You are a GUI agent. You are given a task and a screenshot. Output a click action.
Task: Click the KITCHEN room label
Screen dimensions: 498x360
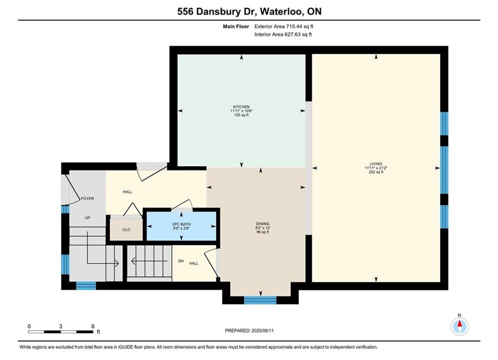pos(241,107)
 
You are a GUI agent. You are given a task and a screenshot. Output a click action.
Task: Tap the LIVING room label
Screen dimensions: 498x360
pos(376,164)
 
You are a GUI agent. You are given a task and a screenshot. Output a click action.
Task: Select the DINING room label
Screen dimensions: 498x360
pos(263,223)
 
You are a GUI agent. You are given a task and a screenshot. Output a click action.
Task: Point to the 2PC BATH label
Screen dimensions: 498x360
pos(181,224)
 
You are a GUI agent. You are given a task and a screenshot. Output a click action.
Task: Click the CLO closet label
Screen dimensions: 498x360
pos(126,229)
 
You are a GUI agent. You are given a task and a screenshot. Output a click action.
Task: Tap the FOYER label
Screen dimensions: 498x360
pos(88,198)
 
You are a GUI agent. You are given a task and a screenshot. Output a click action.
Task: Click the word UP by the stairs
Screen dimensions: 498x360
pos(88,218)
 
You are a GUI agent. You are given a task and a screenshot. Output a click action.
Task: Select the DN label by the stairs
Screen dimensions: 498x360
pos(181,261)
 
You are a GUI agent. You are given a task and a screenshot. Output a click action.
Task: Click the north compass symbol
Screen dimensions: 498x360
pos(459,325)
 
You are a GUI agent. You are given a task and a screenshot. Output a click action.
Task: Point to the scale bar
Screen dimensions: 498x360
pos(61,332)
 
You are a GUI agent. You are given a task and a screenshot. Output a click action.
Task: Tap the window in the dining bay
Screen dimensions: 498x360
pos(260,300)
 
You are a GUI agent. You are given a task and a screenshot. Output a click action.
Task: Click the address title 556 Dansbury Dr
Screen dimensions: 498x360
pos(217,11)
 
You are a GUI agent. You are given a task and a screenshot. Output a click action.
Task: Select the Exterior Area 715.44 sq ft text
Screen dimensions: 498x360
pos(284,26)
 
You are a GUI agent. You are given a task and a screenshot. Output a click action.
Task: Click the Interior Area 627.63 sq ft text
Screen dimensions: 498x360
pos(283,34)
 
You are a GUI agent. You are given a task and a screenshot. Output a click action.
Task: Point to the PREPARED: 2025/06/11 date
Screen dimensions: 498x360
pos(249,330)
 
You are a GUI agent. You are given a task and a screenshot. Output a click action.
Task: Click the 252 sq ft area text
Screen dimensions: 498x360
pos(376,172)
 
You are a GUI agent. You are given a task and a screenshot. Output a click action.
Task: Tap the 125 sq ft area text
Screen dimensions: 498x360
pos(241,115)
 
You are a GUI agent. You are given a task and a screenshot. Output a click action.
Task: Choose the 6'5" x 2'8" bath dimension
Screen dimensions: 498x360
pos(181,228)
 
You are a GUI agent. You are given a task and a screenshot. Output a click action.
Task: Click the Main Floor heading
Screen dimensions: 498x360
pos(236,26)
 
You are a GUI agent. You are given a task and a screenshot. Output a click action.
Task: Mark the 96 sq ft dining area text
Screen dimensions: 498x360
pos(263,232)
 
